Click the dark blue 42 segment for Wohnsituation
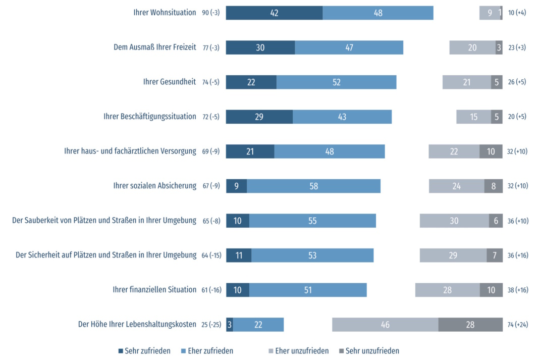click(x=274, y=13)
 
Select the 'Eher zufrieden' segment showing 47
click(x=349, y=47)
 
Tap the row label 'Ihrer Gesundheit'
click(x=169, y=82)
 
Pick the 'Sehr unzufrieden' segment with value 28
click(x=470, y=325)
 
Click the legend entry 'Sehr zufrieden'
click(x=144, y=351)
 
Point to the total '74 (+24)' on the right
click(x=517, y=325)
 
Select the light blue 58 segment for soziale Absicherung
click(x=313, y=186)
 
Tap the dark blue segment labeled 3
click(x=229, y=325)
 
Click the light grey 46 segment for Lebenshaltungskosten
click(x=385, y=325)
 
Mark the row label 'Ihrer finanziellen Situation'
click(x=154, y=290)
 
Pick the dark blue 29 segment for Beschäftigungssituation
click(x=259, y=117)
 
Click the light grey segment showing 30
click(x=454, y=221)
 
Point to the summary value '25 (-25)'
click(x=211, y=325)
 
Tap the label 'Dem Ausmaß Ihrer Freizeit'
click(x=154, y=47)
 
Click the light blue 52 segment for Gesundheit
click(x=336, y=82)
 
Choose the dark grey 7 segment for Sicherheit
click(x=495, y=255)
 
